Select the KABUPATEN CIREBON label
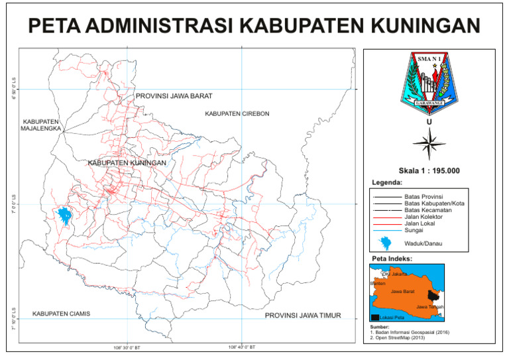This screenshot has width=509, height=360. pyautogui.click(x=237, y=114)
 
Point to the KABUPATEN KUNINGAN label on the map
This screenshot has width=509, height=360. pyautogui.click(x=126, y=162)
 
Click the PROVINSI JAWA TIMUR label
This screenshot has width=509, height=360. pyautogui.click(x=302, y=316)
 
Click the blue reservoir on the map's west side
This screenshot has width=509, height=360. pyautogui.click(x=64, y=215)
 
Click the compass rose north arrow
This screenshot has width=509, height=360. pyautogui.click(x=429, y=142)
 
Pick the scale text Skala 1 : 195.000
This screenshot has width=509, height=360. pyautogui.click(x=429, y=170)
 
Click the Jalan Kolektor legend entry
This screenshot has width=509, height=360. pyautogui.click(x=424, y=217)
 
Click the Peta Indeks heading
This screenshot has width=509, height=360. pyautogui.click(x=391, y=258)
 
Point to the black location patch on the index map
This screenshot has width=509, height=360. pyautogui.click(x=433, y=296)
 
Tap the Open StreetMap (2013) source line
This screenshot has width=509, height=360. pyautogui.click(x=398, y=338)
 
